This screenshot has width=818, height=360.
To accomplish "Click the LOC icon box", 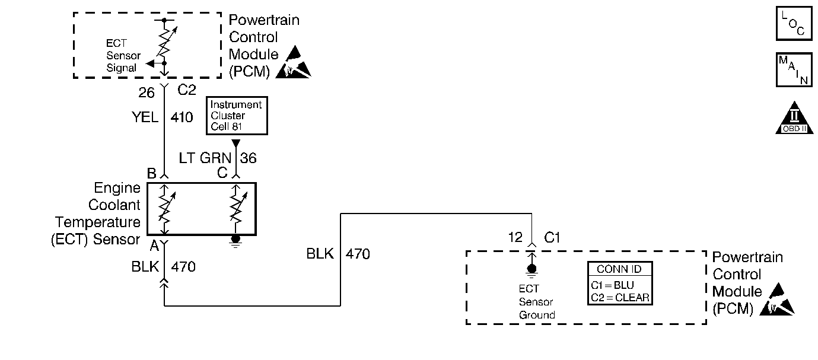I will click(x=794, y=23).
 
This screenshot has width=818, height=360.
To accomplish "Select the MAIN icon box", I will click(x=794, y=69).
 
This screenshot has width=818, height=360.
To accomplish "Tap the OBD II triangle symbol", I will click(x=793, y=119).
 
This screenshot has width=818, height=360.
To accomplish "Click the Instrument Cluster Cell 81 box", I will click(x=236, y=115).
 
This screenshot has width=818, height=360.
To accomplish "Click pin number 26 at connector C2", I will click(x=147, y=93).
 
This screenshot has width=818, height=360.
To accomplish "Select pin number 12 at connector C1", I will click(x=515, y=237).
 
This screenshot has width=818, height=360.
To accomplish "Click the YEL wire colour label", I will click(x=145, y=117).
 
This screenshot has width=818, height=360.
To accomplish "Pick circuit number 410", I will click(x=182, y=117).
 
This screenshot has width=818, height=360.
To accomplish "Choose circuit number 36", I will click(x=249, y=158).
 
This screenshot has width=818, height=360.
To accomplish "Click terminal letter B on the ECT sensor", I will click(x=152, y=173).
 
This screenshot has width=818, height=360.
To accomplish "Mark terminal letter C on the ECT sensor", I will click(x=222, y=173).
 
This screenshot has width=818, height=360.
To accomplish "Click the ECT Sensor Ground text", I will click(x=536, y=302).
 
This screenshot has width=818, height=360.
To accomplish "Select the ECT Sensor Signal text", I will click(x=123, y=55).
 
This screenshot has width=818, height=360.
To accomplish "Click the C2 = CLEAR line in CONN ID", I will click(x=620, y=297).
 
